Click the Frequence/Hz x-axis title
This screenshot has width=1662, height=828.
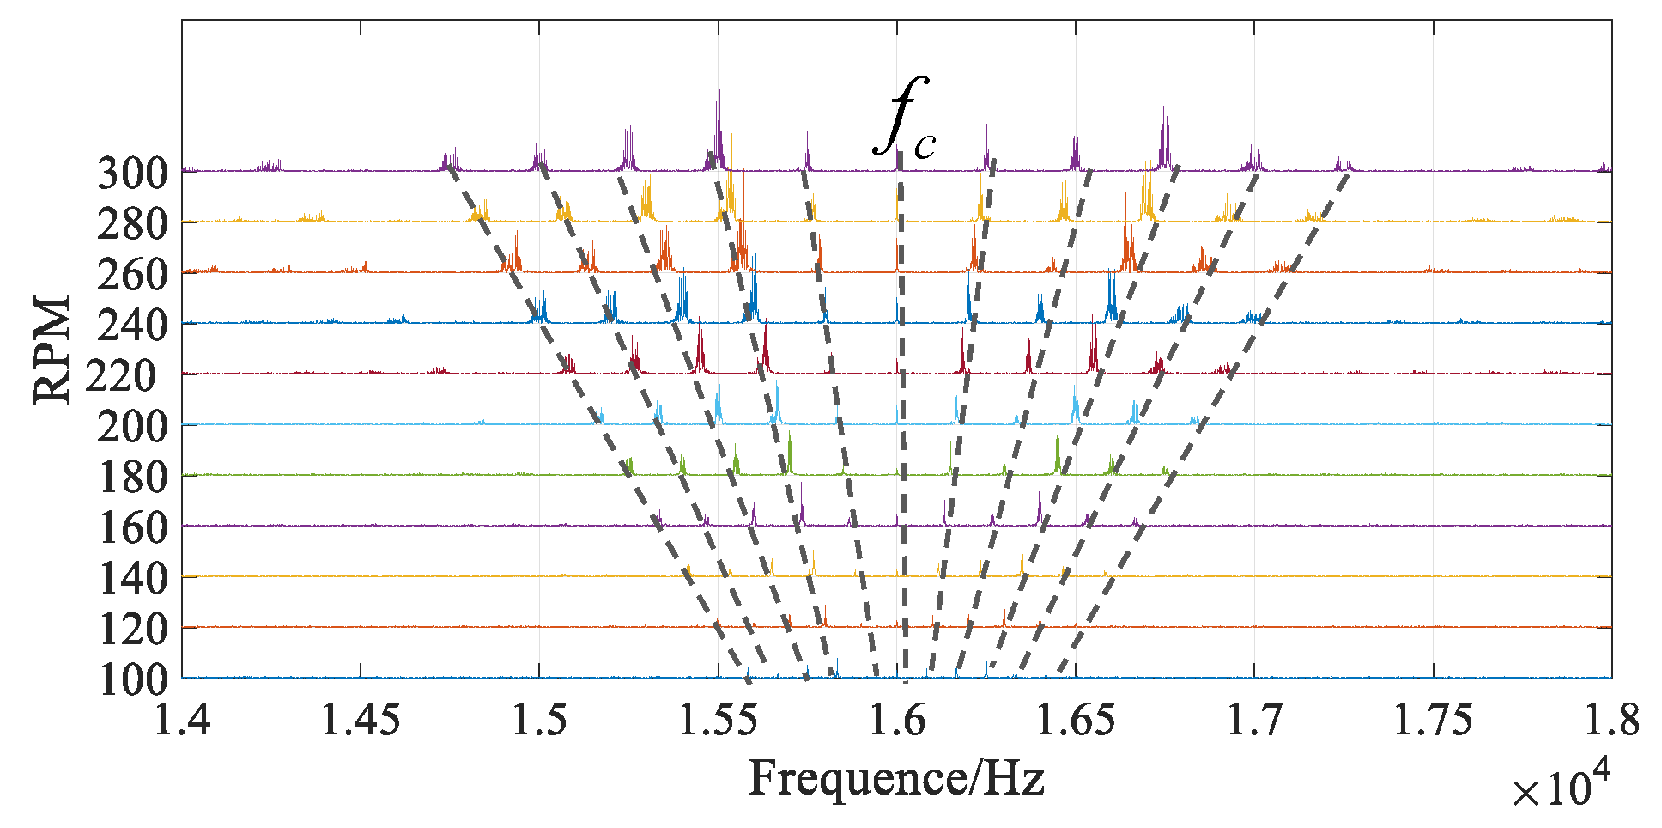tap(896, 778)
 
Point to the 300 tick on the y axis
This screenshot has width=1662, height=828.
tap(132, 174)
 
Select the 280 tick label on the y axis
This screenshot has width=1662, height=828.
tap(132, 224)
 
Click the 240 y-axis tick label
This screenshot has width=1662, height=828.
tap(132, 326)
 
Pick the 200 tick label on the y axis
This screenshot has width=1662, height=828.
tap(132, 426)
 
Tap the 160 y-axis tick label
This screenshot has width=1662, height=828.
tap(132, 527)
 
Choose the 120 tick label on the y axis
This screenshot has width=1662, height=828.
tap(132, 630)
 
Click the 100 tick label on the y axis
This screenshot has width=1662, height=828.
tap(132, 680)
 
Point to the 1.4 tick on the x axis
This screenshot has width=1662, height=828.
tap(182, 720)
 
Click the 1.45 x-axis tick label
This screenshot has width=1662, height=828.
tap(361, 720)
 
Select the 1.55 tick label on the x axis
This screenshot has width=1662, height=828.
tap(718, 720)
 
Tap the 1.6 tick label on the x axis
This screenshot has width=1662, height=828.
tap(897, 720)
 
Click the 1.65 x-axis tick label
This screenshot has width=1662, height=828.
tap(1076, 720)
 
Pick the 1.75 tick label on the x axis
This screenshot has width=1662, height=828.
tap(1433, 720)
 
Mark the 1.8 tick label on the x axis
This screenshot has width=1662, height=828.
tap(1611, 720)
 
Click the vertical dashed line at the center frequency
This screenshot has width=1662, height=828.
tap(901, 412)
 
